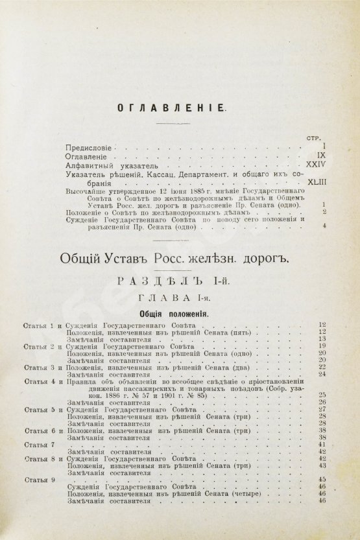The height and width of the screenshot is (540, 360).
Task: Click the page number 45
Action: click(x=322, y=480)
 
